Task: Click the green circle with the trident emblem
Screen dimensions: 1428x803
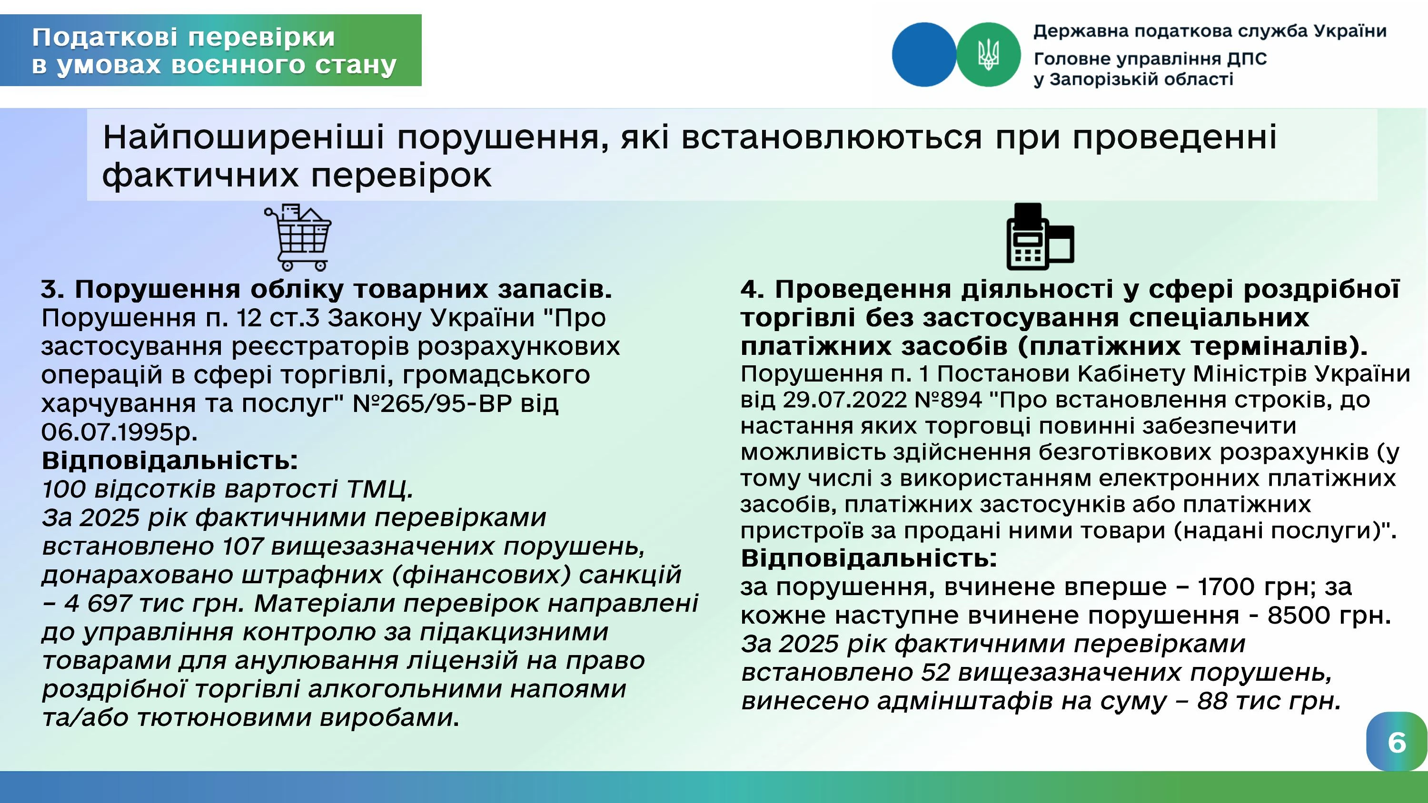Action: [988, 54]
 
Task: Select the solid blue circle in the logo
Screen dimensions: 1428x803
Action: [924, 54]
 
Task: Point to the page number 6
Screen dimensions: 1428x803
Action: [1397, 743]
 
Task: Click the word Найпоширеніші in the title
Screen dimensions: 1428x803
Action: [243, 137]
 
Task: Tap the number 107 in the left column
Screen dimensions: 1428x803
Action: [242, 547]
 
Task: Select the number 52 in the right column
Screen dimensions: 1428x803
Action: [935, 672]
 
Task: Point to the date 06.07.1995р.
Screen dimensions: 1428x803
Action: [119, 431]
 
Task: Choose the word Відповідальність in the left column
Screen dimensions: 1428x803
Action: [169, 460]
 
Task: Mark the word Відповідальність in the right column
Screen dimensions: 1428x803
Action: [869, 558]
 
